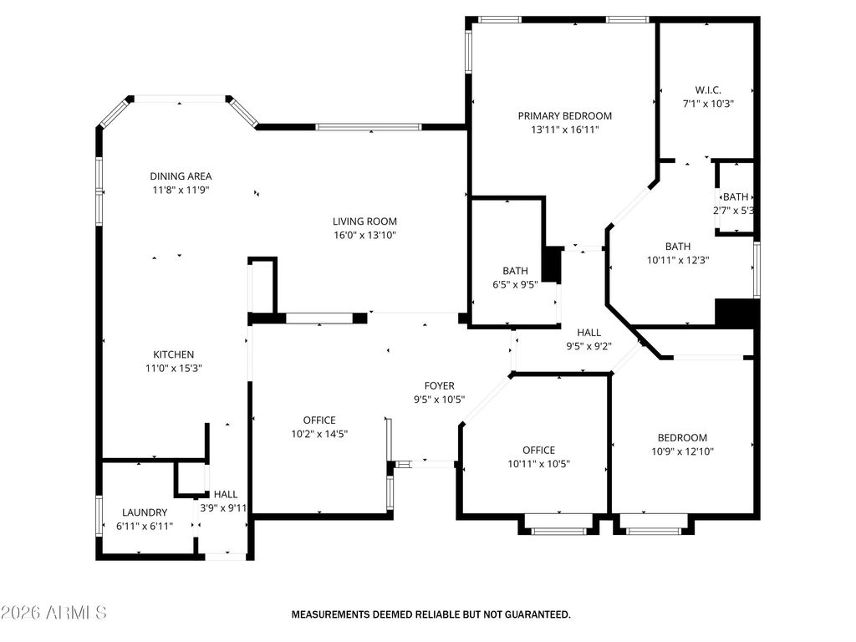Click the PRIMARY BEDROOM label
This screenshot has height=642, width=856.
point(564,116)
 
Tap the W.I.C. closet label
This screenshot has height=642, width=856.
point(708,90)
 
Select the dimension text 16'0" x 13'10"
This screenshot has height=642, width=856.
point(364,236)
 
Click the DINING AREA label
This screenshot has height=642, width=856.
point(181,176)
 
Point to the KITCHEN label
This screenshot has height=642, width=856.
point(173,354)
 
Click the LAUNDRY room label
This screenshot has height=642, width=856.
point(145,512)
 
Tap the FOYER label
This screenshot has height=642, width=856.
point(440,385)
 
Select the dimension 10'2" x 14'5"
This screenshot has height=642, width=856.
point(319,434)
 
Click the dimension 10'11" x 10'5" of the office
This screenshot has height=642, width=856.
point(538,464)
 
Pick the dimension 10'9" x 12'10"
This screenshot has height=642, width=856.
point(682,451)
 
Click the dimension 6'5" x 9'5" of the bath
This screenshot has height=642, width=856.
point(515,284)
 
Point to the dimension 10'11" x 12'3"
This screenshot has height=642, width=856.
point(678,260)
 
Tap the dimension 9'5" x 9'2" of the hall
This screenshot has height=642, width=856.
point(588,346)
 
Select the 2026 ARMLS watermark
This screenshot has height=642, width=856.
point(54,614)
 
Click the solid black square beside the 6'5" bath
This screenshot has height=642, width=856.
point(553,264)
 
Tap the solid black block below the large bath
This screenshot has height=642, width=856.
point(736,313)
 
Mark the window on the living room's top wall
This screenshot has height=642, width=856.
point(369,127)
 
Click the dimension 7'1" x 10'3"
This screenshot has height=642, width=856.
point(708,104)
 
